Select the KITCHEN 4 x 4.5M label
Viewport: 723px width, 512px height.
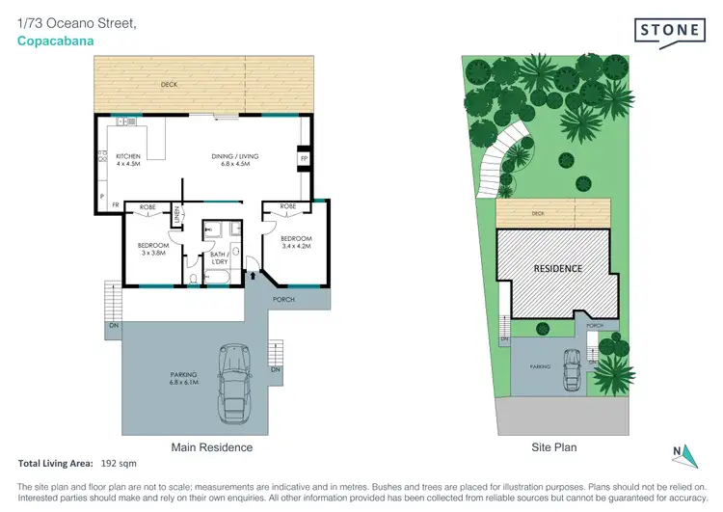tap(129, 160)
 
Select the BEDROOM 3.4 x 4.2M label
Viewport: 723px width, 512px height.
tap(296, 242)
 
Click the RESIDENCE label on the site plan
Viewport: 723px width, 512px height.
tap(558, 268)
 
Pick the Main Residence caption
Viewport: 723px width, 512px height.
tap(212, 447)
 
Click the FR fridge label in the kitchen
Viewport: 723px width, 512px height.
tap(115, 205)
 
